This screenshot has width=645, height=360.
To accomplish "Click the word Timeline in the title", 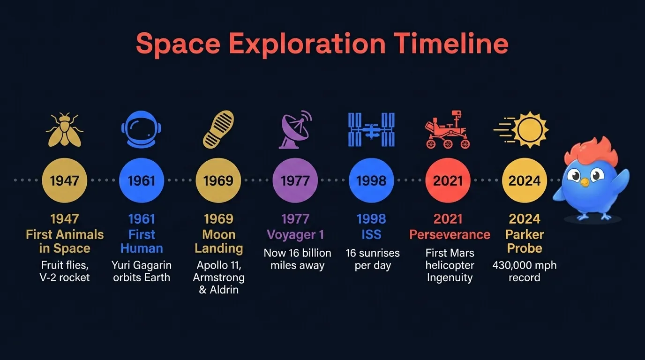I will [x=450, y=44].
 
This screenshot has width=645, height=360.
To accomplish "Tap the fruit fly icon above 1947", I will [x=65, y=129].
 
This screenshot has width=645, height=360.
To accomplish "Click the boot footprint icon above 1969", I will [x=218, y=129].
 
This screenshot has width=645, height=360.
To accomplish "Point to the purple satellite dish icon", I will [x=295, y=129].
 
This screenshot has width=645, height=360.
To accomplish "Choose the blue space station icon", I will [x=371, y=129].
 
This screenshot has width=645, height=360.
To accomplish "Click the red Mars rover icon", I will [x=448, y=129].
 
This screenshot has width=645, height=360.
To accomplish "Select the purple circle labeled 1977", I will [x=295, y=180].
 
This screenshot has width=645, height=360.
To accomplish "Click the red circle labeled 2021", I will [x=448, y=180].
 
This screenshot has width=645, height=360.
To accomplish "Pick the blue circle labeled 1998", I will [x=371, y=180].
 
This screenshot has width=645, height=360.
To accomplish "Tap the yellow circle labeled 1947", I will [x=65, y=180].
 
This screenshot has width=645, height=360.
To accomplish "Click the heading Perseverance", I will [x=450, y=234].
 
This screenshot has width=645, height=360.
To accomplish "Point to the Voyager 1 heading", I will [x=295, y=234].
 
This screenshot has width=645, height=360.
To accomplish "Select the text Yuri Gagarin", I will [x=141, y=265].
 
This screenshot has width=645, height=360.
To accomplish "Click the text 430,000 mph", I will [x=524, y=265].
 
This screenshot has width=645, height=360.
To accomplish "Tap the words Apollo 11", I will [x=219, y=265].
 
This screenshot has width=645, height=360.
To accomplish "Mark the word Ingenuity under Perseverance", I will [x=450, y=277].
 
